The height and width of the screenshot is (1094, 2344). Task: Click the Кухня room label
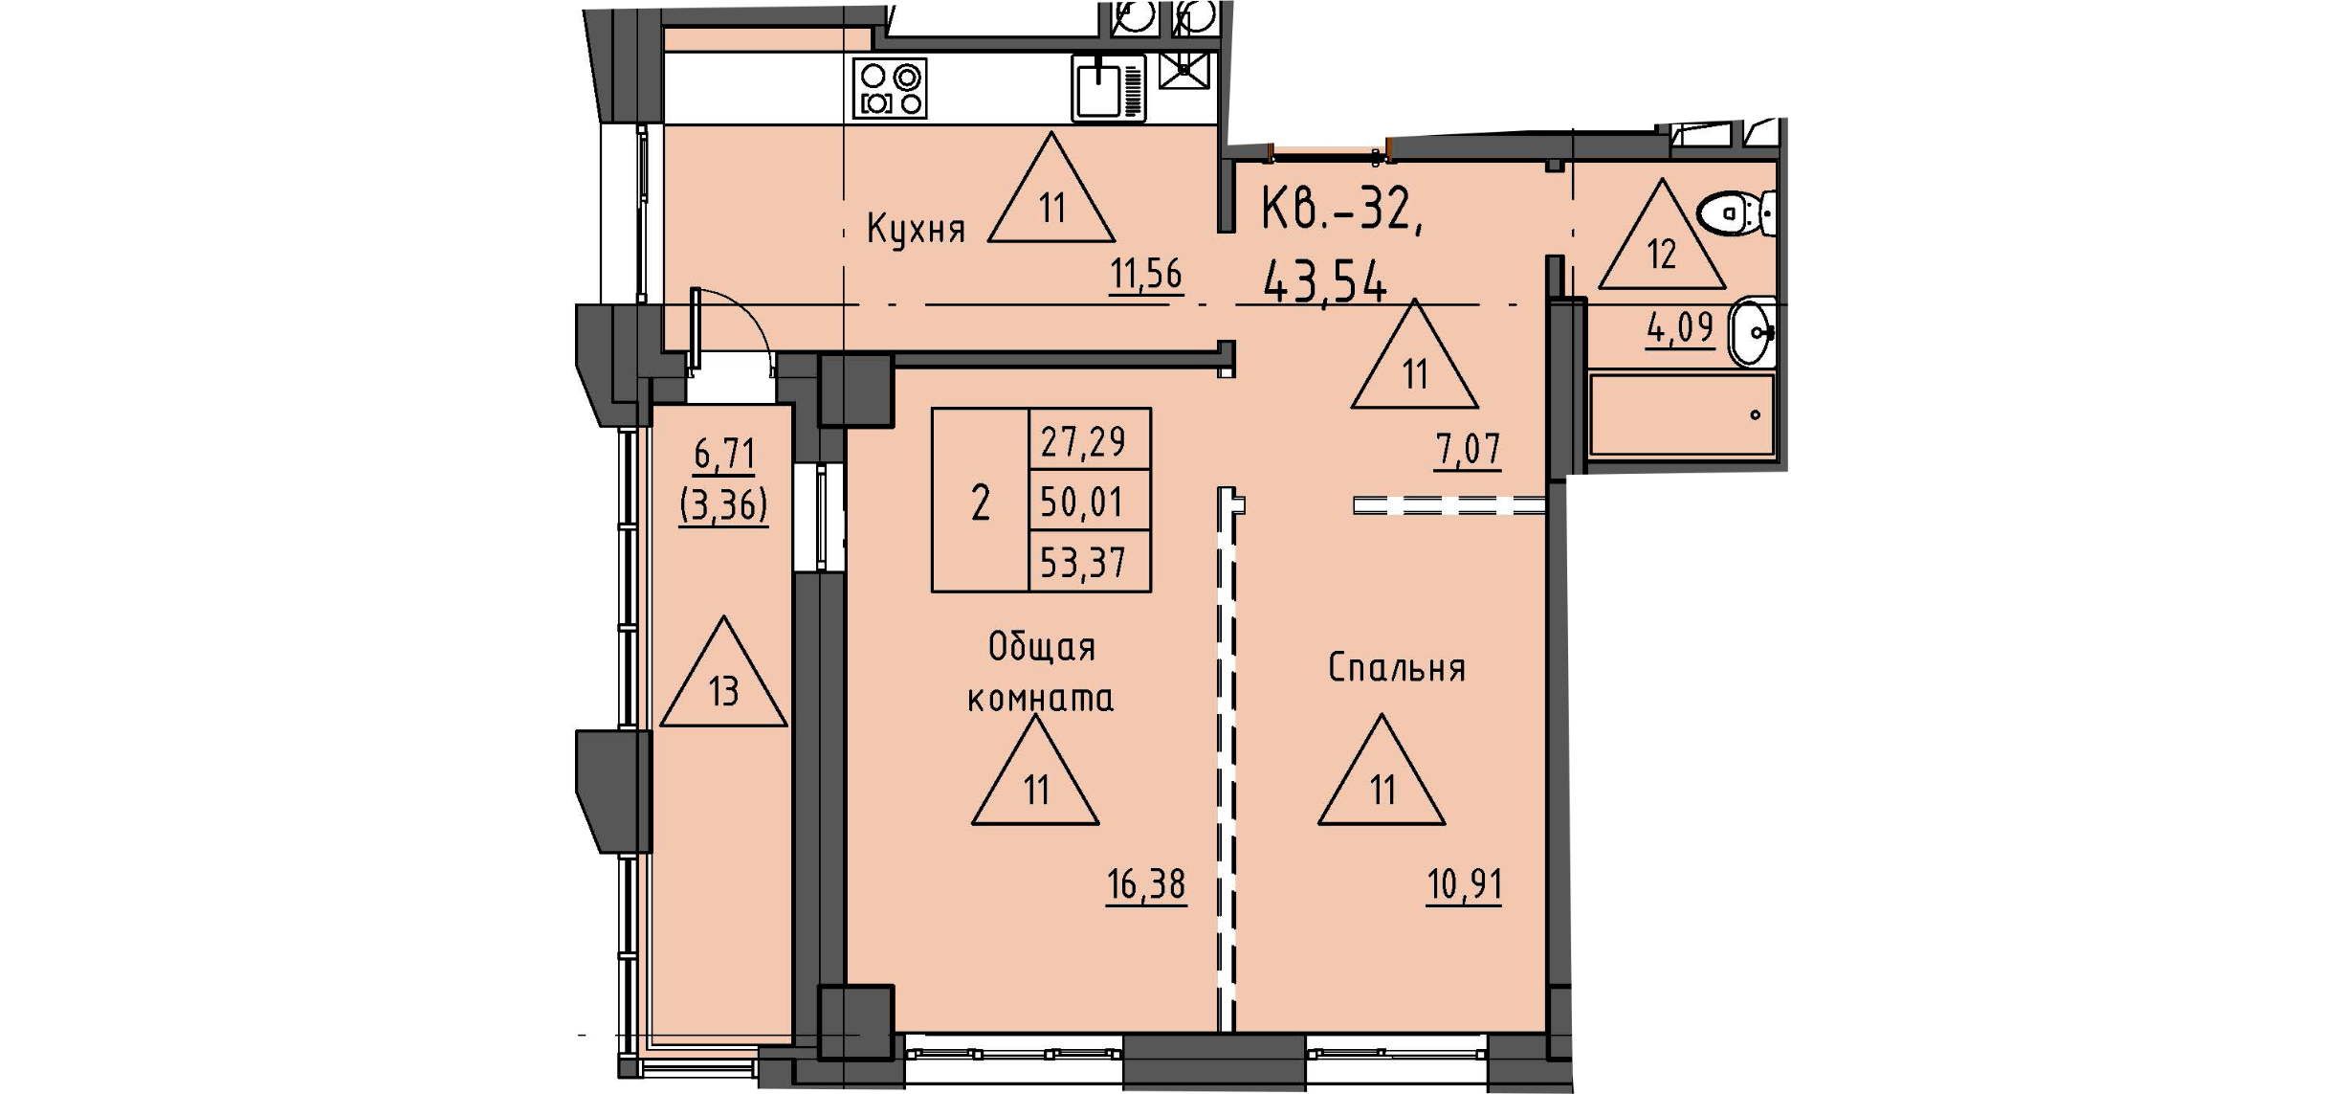pos(916,230)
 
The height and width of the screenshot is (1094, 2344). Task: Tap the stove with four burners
pos(890,89)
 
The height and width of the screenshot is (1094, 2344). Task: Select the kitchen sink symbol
pos(1108,88)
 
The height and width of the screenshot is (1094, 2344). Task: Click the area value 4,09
pos(1679,329)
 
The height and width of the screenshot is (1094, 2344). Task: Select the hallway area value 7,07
pos(1468,450)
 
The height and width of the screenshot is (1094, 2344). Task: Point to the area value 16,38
pos(1145,885)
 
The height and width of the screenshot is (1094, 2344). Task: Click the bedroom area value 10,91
pos(1464,885)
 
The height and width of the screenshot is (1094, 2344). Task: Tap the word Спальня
pos(1397,668)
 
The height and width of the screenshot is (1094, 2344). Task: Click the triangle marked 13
pos(723,678)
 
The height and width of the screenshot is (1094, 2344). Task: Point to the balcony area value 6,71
pos(724,454)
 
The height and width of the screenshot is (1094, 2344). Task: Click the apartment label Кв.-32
pos(1339,209)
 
